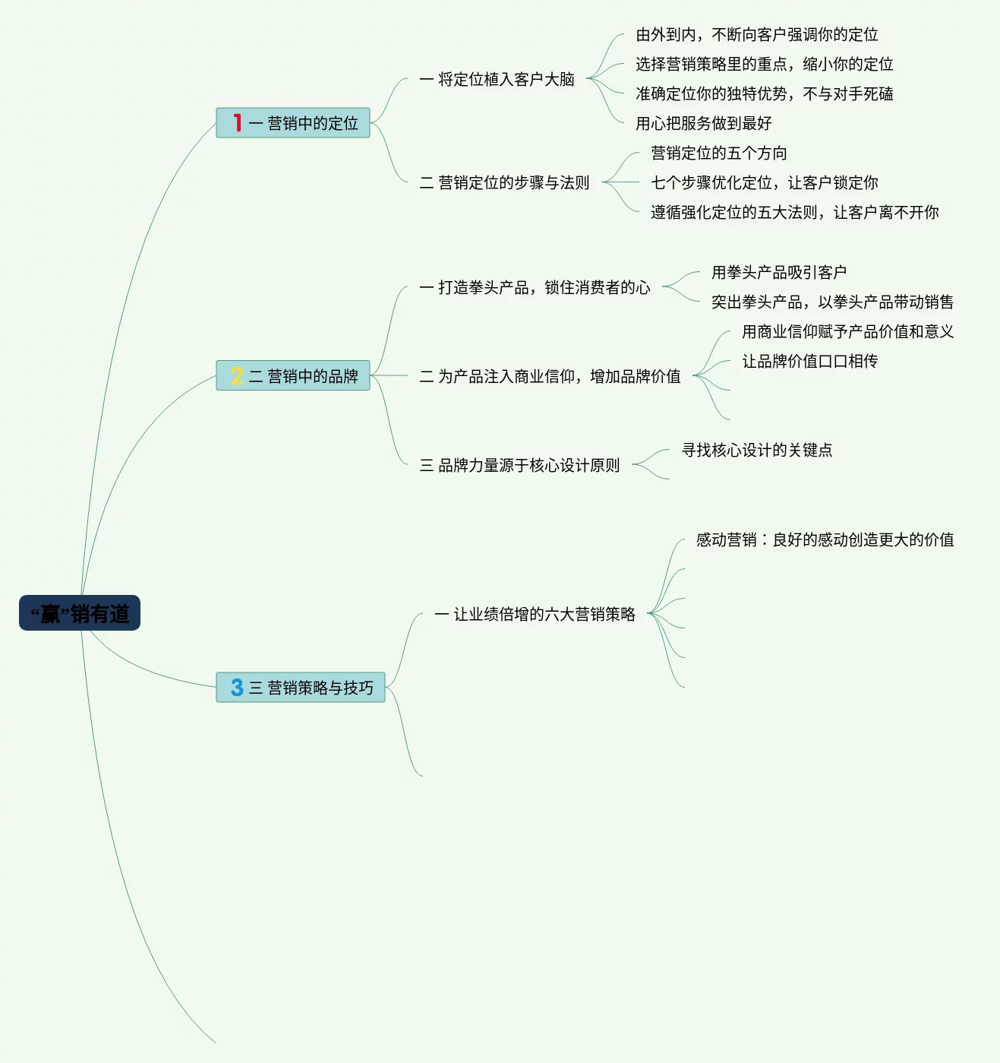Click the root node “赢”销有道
coord(80,613)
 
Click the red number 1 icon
coord(237,123)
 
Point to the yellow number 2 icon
coord(237,376)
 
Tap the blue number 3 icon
coord(237,688)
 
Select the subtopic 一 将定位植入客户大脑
coord(497,79)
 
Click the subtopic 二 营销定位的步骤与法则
coord(504,182)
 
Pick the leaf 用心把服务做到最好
coord(703,123)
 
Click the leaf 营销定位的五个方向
coord(718,153)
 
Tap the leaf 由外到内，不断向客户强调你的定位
coord(756,34)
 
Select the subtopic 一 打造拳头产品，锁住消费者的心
coord(535,287)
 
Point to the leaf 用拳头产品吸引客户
coord(778,272)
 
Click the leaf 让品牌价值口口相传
coord(809,361)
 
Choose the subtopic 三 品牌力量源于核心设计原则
coord(519,465)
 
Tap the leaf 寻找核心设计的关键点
coord(756,450)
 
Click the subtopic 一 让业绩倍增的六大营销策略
coord(535,614)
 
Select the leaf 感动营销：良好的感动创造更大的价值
coord(825,539)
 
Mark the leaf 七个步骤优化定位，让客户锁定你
coord(764,182)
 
